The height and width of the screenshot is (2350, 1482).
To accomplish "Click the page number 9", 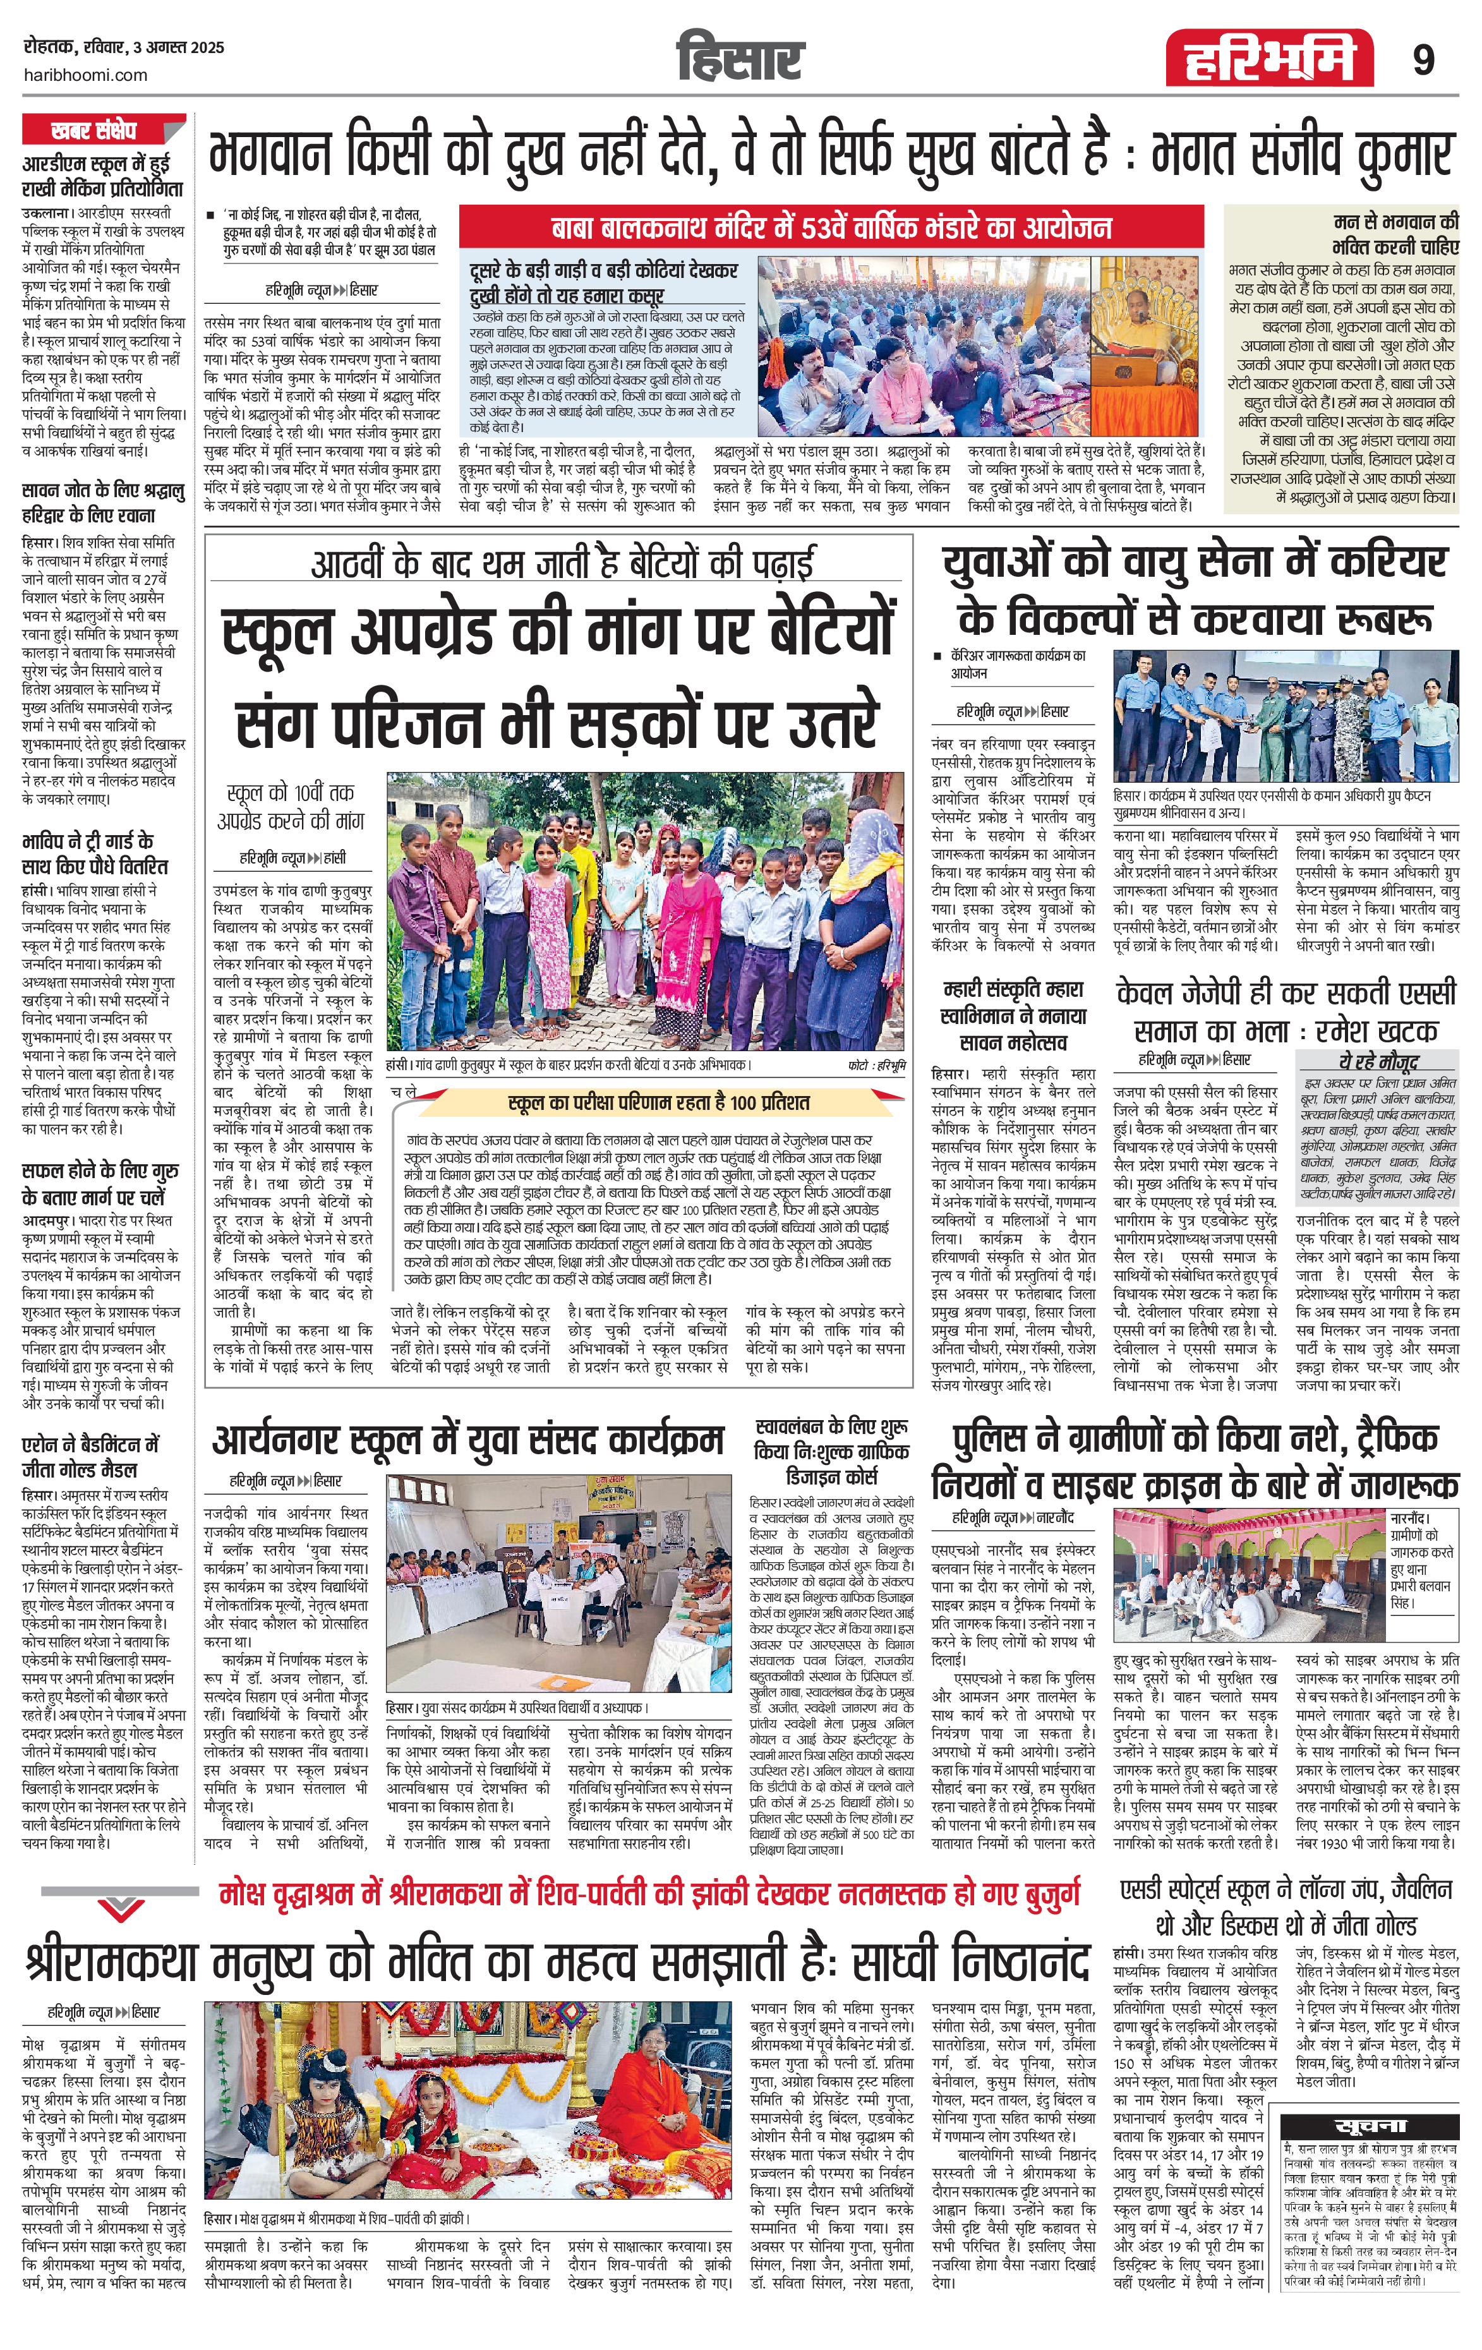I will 1423,61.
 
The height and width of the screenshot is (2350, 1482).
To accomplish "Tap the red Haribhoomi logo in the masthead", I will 1268,59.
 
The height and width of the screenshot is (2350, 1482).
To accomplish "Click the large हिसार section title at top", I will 740,59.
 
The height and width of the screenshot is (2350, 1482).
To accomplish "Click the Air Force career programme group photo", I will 1286,715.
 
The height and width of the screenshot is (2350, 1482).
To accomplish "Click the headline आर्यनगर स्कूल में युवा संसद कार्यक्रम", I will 468,1440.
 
